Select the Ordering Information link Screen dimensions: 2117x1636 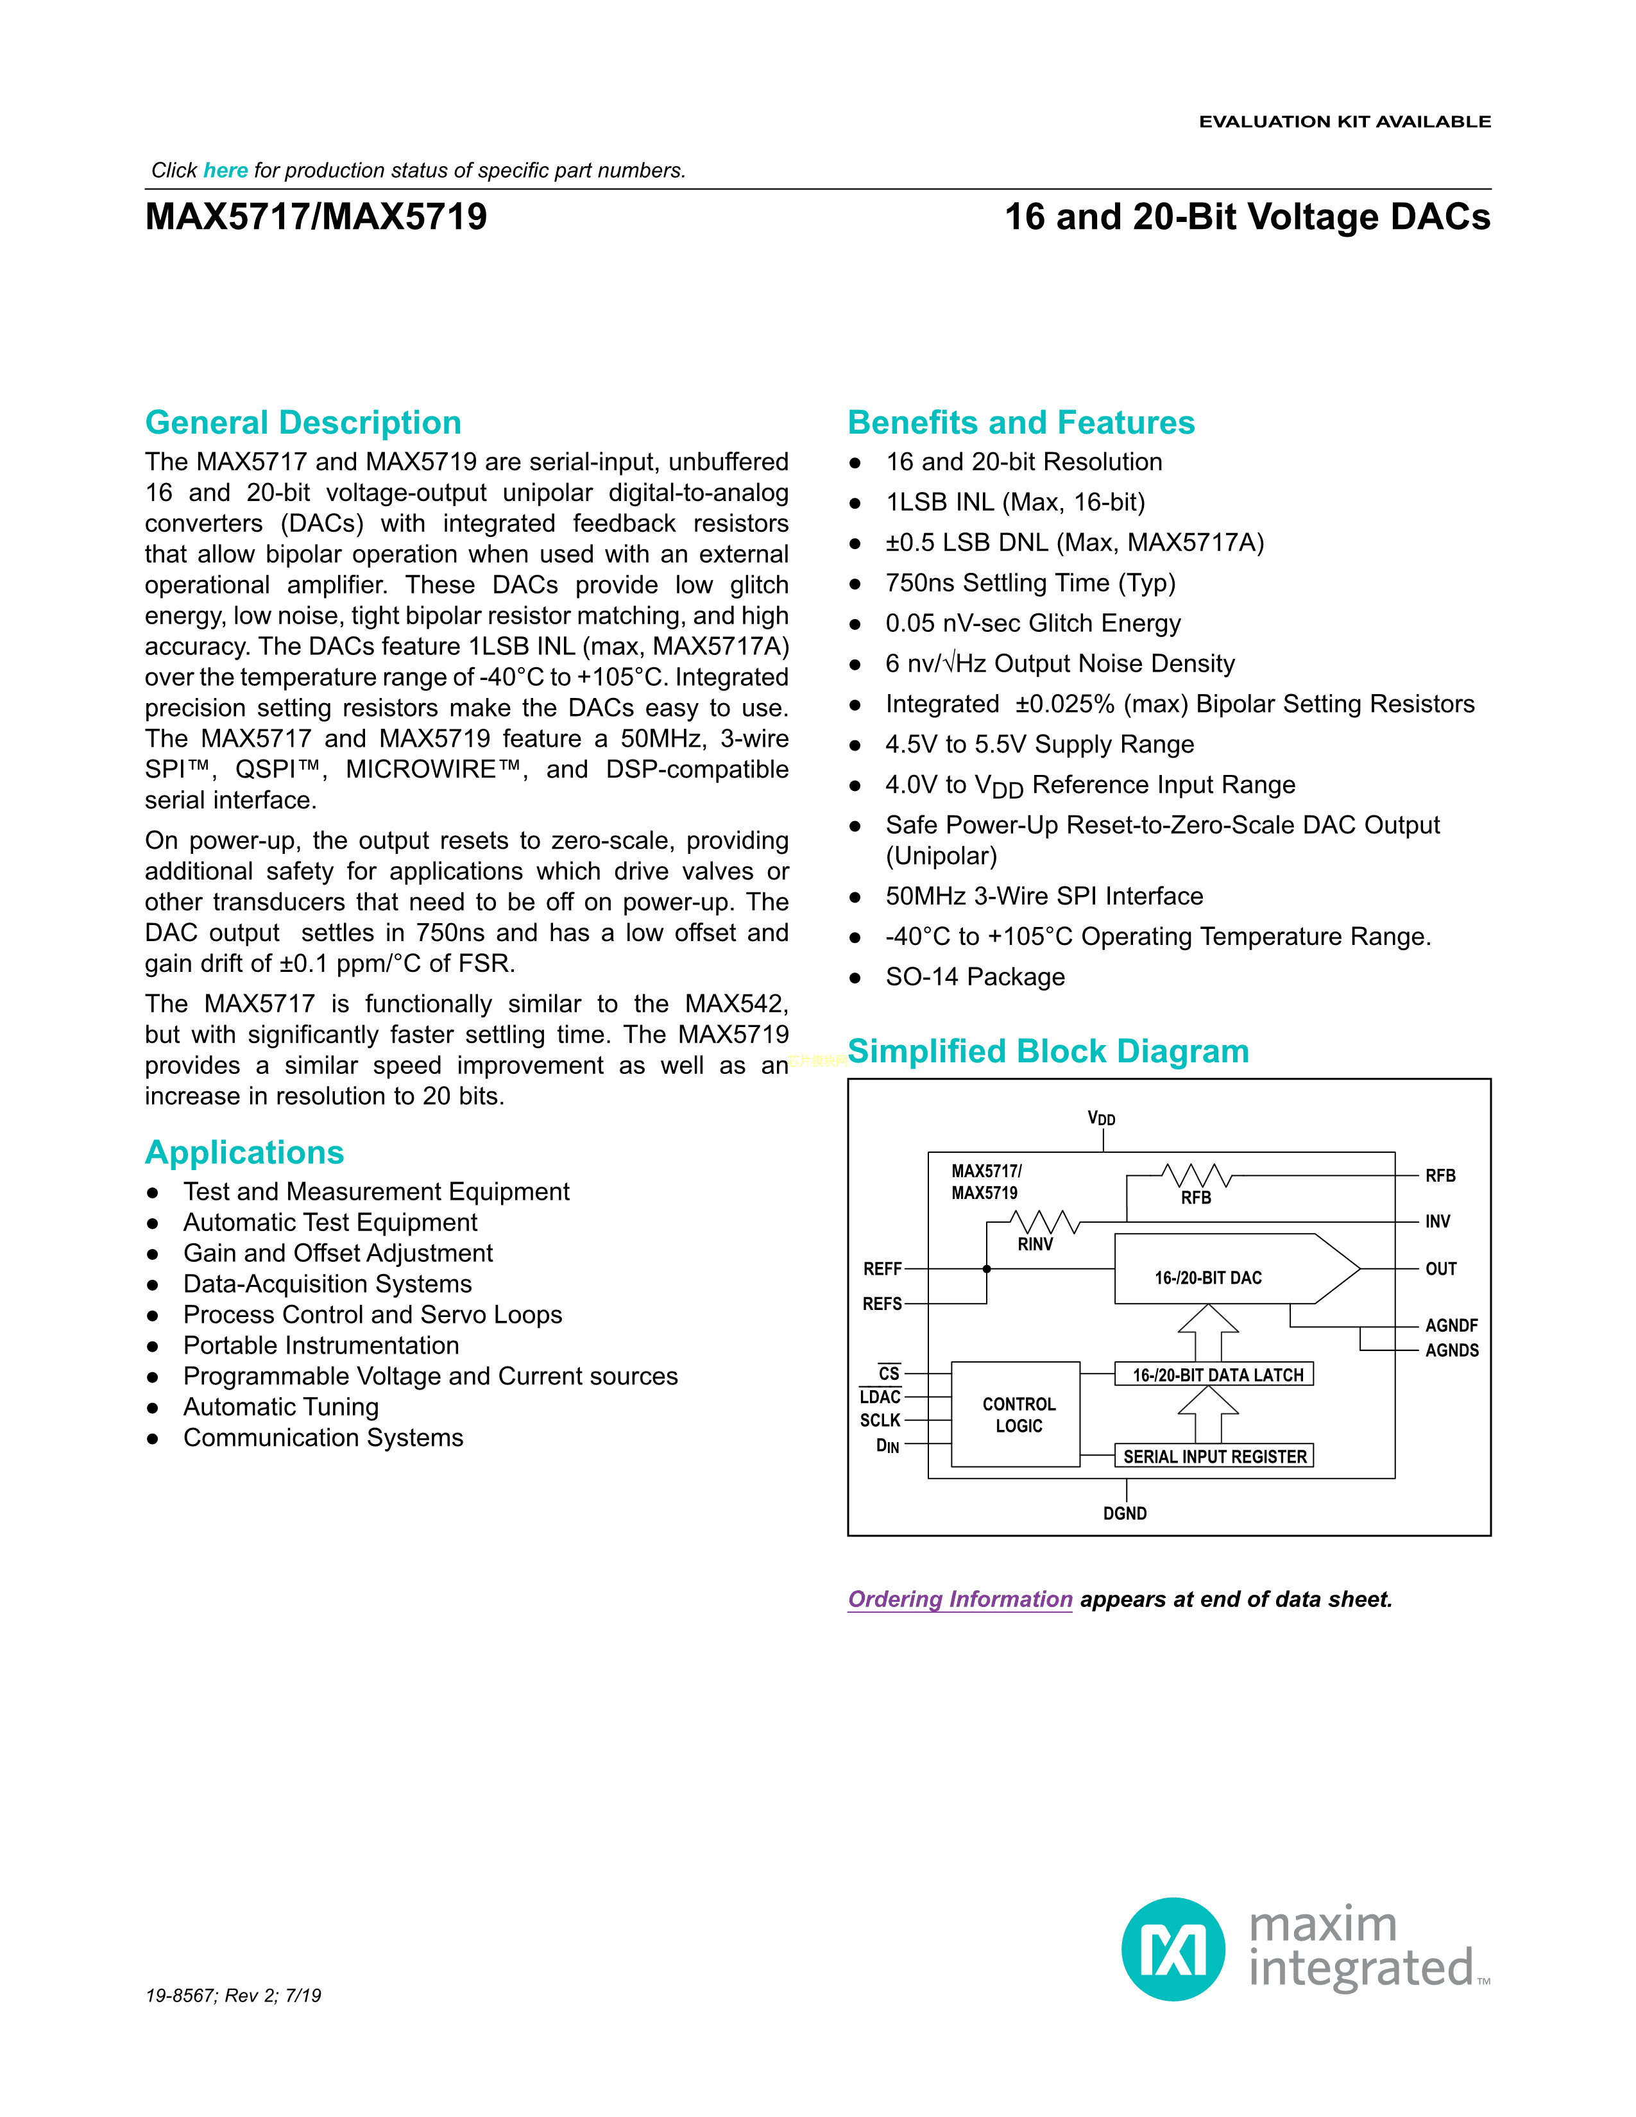pos(960,1599)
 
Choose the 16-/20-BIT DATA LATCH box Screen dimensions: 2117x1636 pos(1215,1375)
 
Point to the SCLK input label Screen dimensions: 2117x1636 pos(880,1420)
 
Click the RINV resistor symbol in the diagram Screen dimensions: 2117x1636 pos(1044,1221)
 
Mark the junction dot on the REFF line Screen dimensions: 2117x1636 pos(987,1269)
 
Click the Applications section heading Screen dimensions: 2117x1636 pos(244,1152)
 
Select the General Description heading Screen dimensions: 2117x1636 pos(302,423)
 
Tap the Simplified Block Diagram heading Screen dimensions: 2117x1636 pos(1048,1051)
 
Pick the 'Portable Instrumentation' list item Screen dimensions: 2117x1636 pos(321,1345)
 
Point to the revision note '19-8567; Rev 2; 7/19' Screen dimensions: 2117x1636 pos(233,1996)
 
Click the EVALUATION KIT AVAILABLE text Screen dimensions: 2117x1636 pos(1344,122)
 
